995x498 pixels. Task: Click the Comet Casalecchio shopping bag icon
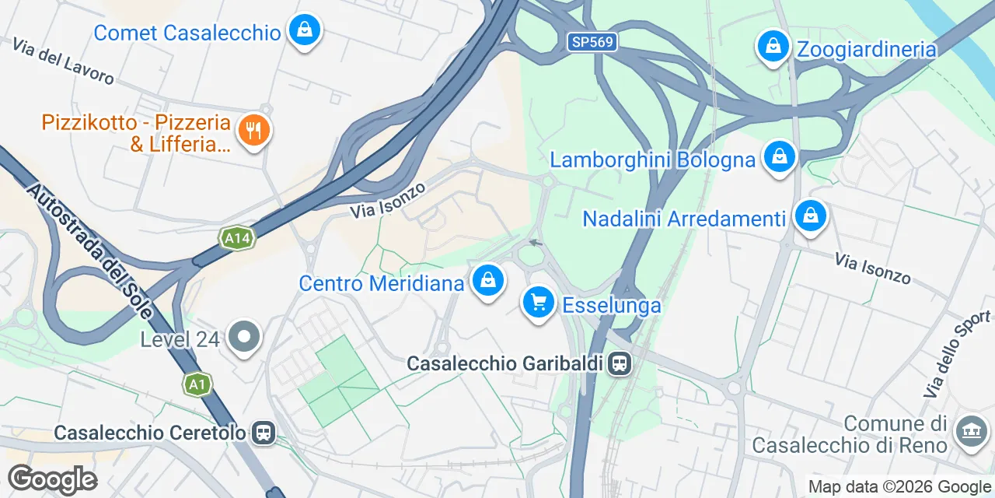pos(305,31)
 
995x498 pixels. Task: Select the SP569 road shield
pos(592,42)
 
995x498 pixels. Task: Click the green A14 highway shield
pos(236,238)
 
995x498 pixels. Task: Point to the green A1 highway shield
pos(197,384)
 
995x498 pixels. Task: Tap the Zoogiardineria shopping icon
pos(773,47)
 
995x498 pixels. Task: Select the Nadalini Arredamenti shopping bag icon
pos(811,216)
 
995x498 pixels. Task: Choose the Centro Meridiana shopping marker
pos(488,281)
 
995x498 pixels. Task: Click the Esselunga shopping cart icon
pos(539,303)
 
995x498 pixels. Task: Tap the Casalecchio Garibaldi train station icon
pos(620,363)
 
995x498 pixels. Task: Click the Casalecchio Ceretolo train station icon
pos(264,433)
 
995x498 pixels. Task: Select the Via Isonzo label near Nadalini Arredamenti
pos(872,268)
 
